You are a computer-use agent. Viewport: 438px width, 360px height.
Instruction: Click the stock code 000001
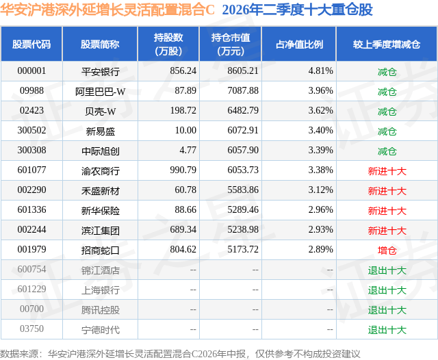pos(31,71)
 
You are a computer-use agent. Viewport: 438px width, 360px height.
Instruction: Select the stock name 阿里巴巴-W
pos(101,91)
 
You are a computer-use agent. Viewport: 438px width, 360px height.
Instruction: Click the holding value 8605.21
pos(243,71)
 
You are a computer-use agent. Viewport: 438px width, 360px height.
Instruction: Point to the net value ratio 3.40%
pos(320,131)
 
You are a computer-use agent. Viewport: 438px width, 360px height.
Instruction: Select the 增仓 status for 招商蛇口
pos(387,250)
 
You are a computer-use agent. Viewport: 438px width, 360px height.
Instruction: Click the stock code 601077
pos(31,170)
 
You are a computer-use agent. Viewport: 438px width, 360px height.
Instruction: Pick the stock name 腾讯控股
pos(101,310)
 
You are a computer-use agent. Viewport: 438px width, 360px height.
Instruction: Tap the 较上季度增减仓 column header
pos(387,44)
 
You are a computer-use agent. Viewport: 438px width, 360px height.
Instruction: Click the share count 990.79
pos(183,170)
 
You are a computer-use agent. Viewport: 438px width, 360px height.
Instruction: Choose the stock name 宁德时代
pos(101,330)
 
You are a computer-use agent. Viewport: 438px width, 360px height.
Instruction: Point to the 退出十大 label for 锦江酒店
pos(387,270)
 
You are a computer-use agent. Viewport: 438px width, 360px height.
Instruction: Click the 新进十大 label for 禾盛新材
pos(387,191)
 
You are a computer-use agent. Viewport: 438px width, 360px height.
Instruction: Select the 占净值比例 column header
pos(299,44)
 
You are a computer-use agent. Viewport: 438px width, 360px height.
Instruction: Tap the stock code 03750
pos(31,329)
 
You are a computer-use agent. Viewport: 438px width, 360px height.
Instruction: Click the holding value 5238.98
pos(243,229)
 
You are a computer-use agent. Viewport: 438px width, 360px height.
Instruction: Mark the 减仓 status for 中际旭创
pos(387,151)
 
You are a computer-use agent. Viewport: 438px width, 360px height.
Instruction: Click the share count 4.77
pos(188,151)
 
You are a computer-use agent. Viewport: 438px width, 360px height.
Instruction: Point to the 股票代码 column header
pos(31,44)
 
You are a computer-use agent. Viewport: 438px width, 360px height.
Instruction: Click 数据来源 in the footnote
pos(19,354)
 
